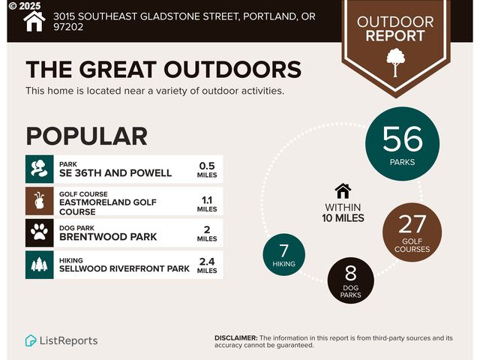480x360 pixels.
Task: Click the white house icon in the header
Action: click(x=34, y=21)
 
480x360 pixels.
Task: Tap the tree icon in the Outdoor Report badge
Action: click(x=394, y=61)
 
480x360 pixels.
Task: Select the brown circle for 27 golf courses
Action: click(x=412, y=229)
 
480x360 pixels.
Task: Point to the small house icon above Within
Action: click(x=343, y=191)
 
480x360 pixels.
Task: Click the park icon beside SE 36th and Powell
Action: click(x=39, y=169)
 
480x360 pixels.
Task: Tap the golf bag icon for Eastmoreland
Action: click(x=39, y=201)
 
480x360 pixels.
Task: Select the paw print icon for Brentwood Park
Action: click(x=39, y=232)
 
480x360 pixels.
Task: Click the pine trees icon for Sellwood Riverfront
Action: click(x=39, y=265)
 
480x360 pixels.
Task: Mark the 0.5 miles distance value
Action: click(x=207, y=169)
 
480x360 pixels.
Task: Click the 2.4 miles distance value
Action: click(x=207, y=265)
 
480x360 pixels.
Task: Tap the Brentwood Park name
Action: click(x=108, y=236)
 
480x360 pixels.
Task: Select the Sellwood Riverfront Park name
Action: click(x=124, y=268)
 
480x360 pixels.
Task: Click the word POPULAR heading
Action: click(x=86, y=136)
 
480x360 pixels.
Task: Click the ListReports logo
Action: click(x=61, y=340)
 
